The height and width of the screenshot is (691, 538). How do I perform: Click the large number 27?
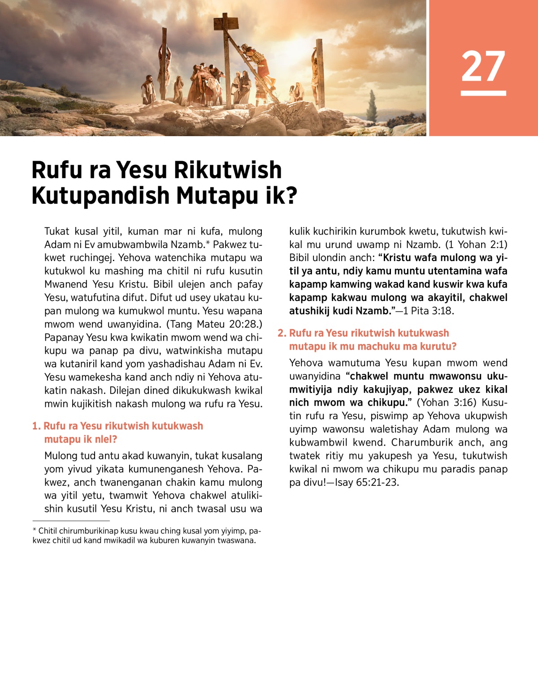(483, 66)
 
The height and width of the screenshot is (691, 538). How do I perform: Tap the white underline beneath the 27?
(483, 93)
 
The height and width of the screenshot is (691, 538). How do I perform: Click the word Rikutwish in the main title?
(228, 170)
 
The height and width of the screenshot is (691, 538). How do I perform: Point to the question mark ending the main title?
(292, 196)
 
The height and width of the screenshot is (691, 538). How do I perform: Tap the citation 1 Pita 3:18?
(429, 311)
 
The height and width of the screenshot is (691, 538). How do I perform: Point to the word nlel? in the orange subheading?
(105, 439)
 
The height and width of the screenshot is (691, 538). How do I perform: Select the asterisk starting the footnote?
(34, 531)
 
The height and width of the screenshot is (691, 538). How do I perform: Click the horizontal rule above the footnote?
(71, 521)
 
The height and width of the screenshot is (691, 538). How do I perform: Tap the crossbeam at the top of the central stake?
(226, 20)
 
